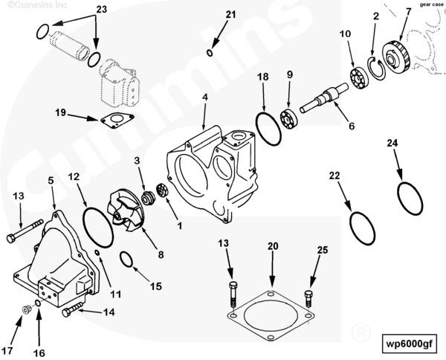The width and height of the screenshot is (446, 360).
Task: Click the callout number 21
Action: point(210,14)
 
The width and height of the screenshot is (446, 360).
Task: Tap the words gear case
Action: point(430,4)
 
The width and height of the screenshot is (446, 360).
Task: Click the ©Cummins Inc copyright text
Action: point(29,4)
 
